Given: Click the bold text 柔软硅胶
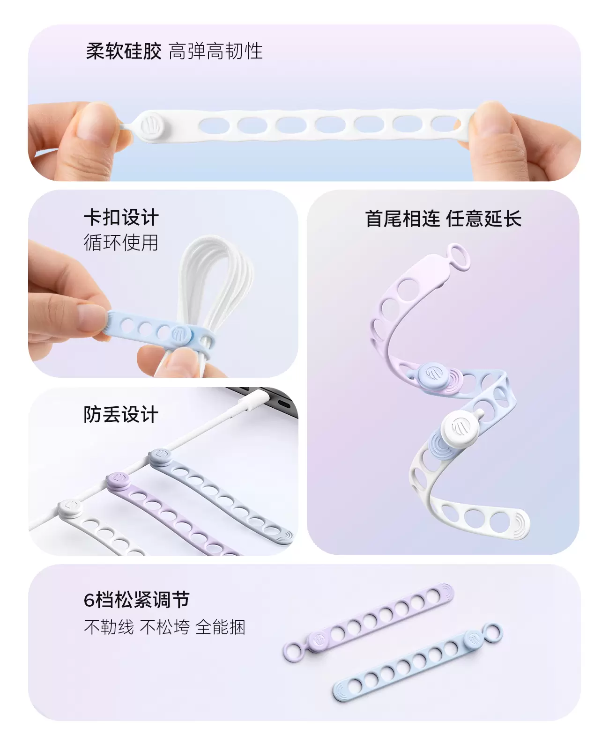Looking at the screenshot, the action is (x=124, y=51).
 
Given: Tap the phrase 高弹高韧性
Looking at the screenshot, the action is (x=215, y=51).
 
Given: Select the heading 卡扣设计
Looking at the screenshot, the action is (x=121, y=218).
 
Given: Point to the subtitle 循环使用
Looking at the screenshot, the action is (x=121, y=242).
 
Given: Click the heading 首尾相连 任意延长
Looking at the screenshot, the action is (x=443, y=219).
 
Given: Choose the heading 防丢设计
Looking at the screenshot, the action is (x=121, y=414).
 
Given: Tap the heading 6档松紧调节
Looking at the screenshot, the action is (x=136, y=600).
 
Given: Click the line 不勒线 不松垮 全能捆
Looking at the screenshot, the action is (x=164, y=627).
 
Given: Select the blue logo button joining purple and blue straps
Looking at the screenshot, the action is (x=433, y=374).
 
